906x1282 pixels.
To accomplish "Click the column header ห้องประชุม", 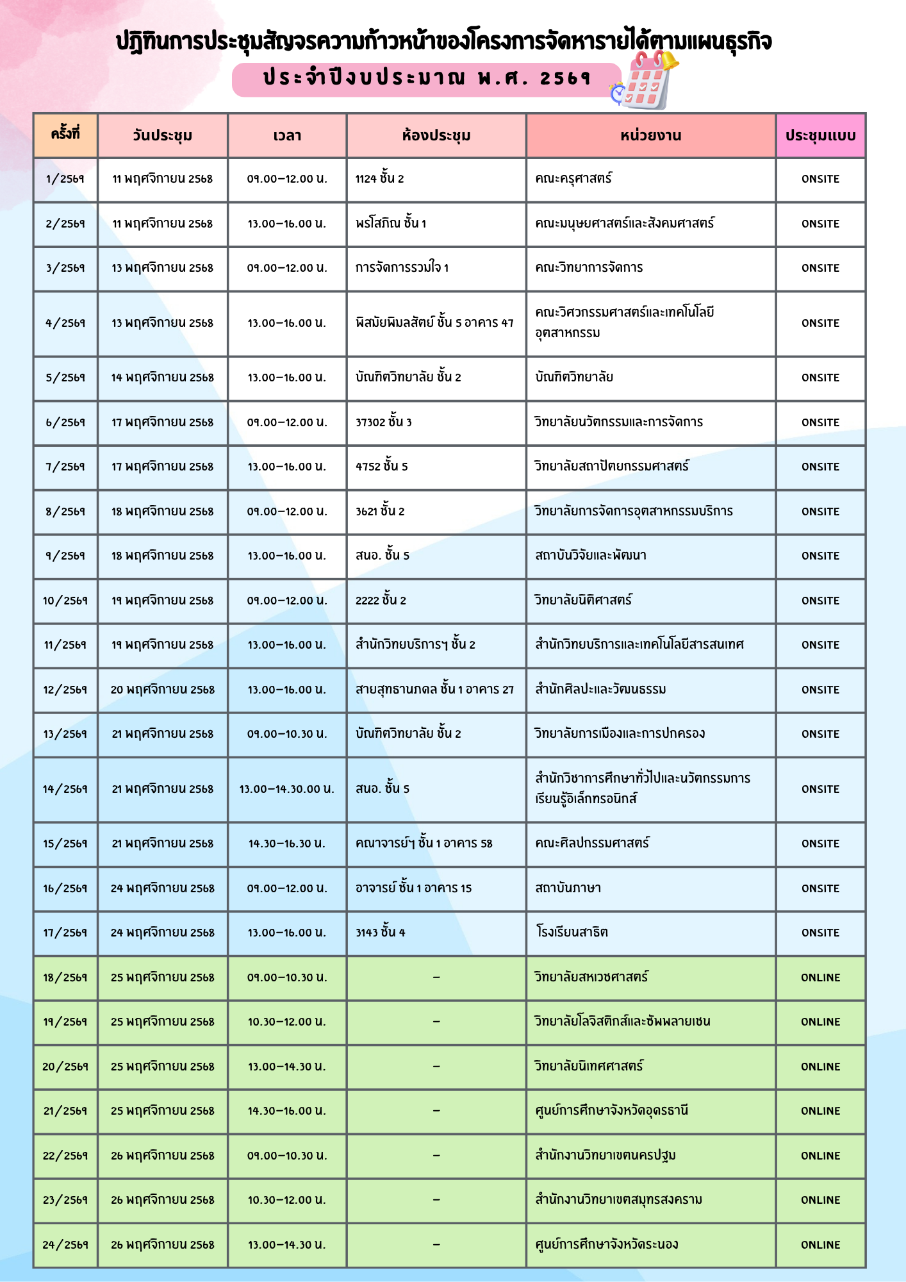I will (x=436, y=136).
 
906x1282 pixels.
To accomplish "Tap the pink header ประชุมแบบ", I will (x=820, y=136).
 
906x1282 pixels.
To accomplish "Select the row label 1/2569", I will (x=65, y=179).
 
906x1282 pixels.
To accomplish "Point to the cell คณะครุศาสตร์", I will (x=573, y=178).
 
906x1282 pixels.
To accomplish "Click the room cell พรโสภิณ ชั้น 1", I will (x=391, y=223).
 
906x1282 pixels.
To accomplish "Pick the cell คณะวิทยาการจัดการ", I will (x=589, y=267).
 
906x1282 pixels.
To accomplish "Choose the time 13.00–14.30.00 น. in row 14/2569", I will (x=287, y=789).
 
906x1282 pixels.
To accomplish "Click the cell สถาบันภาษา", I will (x=568, y=888).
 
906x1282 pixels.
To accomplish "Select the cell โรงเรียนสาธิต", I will (x=572, y=932).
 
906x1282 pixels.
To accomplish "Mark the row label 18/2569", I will (x=65, y=978).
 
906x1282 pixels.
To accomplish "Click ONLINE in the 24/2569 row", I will (x=820, y=1245).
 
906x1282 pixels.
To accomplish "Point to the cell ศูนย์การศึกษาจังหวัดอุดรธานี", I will (x=611, y=1110).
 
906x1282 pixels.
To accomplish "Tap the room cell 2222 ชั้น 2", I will (x=381, y=600).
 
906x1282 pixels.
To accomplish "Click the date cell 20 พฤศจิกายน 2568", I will (x=163, y=690).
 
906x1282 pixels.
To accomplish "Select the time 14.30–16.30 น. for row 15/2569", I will (x=287, y=844).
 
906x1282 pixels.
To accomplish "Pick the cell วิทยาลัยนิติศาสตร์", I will (x=583, y=600).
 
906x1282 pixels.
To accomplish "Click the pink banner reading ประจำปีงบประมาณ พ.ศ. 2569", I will (x=426, y=79).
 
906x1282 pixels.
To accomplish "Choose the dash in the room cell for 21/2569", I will (x=436, y=1111).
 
